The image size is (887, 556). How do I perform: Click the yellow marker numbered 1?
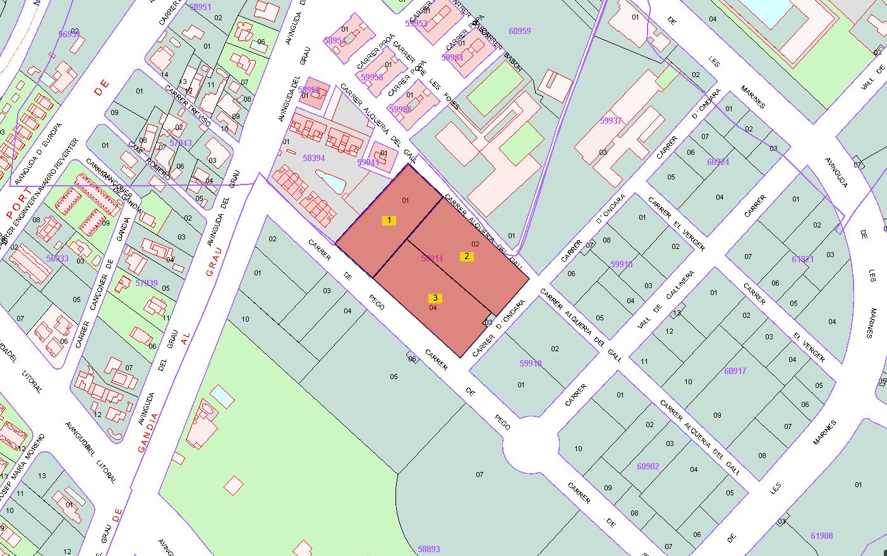click(x=389, y=221)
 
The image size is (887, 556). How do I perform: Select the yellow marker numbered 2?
click(x=467, y=256)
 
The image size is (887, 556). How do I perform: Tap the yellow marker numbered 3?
click(x=435, y=298)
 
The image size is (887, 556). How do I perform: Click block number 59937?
click(x=611, y=121)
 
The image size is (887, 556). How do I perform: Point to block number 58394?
click(x=314, y=158)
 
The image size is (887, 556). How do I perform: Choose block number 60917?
click(x=735, y=371)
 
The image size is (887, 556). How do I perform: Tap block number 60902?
click(x=648, y=466)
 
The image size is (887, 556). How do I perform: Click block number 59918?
click(x=531, y=363)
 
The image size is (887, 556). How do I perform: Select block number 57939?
click(x=147, y=283)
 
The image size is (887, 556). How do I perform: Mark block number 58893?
click(x=429, y=549)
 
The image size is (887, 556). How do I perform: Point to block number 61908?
click(x=822, y=536)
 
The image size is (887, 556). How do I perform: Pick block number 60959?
click(x=519, y=30)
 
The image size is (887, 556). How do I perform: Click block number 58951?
click(x=200, y=7)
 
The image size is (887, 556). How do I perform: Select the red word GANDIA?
click(x=147, y=432)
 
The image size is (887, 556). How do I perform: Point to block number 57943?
click(x=181, y=143)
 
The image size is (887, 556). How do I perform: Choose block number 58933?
click(x=57, y=258)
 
